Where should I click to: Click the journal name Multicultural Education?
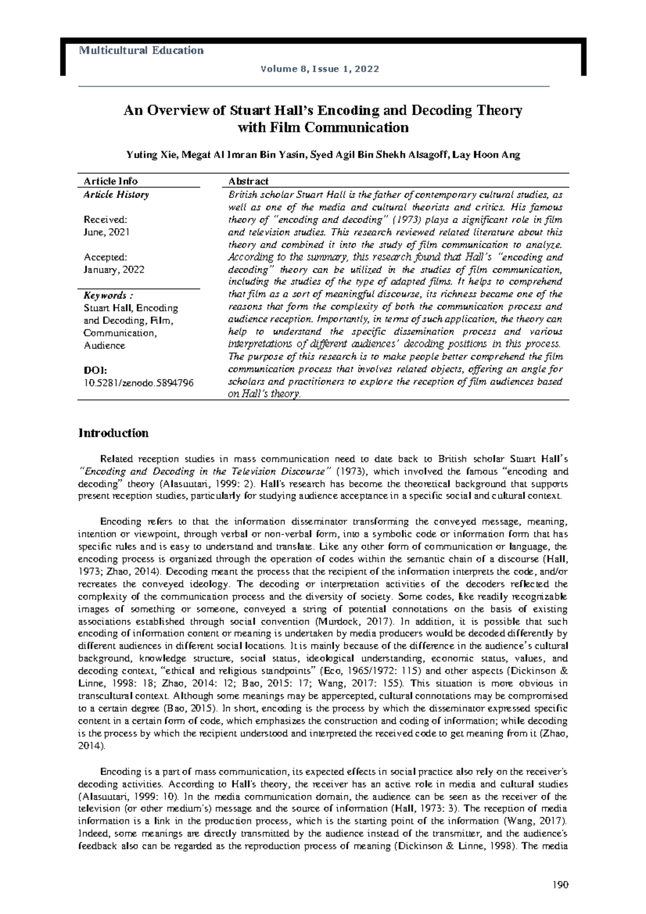coord(141,51)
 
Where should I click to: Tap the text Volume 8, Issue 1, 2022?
coord(320,69)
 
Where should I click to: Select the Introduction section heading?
coord(114,433)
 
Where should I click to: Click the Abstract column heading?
coord(248,181)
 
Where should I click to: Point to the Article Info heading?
coord(110,181)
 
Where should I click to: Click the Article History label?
coord(116,194)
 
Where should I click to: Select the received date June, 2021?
coord(107,232)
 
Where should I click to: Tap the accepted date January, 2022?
coord(114,270)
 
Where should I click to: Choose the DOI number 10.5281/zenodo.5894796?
coord(138,383)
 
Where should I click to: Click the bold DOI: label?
coord(95,370)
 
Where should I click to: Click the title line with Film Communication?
coord(323,128)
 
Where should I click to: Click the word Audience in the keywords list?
coord(104,346)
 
